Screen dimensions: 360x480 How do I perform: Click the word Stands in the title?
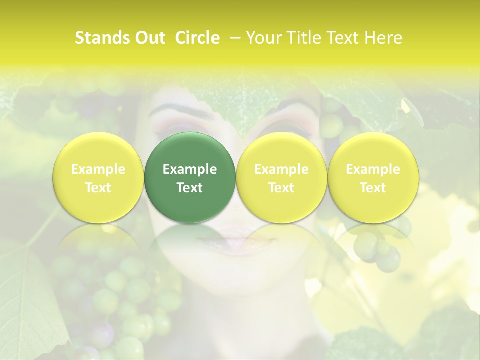tap(99, 38)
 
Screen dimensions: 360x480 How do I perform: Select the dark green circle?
tap(190, 178)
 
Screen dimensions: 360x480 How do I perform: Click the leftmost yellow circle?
tap(98, 178)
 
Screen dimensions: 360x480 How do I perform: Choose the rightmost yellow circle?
tap(373, 178)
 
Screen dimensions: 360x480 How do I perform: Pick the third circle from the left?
tap(281, 178)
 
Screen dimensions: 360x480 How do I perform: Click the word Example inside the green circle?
tap(190, 169)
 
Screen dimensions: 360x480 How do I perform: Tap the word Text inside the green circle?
tap(190, 188)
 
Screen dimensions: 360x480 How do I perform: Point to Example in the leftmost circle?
tap(98, 169)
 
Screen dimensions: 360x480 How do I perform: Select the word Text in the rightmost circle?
tap(373, 188)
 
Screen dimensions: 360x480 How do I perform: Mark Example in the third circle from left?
tap(281, 169)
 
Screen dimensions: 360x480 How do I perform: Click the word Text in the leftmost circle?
tap(98, 188)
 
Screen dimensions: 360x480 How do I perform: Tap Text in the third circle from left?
tap(281, 188)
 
